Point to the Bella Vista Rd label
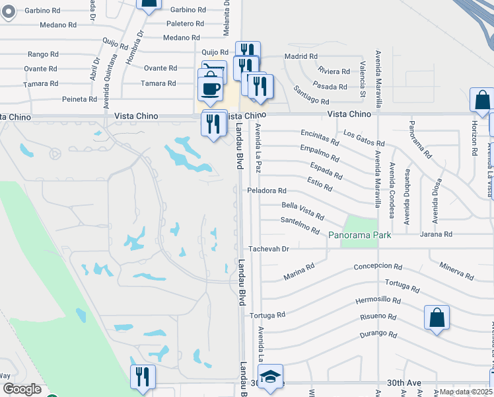tap(302, 211)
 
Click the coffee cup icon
tap(211, 89)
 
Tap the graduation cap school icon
tap(270, 376)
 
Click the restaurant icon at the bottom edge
tap(143, 376)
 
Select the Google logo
tap(22, 389)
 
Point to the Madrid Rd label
tap(301, 56)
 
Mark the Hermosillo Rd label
tap(378, 300)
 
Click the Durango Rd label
tap(378, 334)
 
